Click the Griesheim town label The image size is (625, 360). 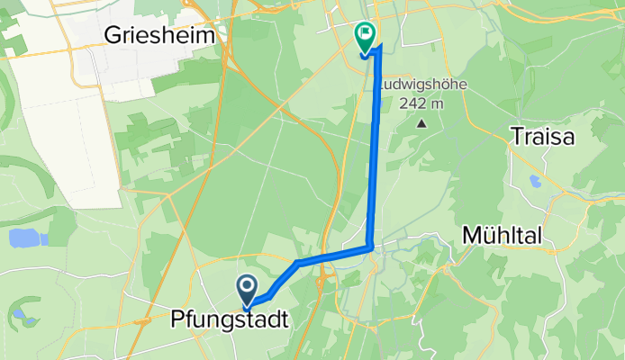click(163, 35)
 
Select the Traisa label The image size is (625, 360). click(541, 137)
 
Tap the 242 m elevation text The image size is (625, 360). click(420, 103)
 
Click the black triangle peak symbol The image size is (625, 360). click(420, 121)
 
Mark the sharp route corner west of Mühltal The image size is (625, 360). click(371, 246)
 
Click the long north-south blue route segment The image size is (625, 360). click(375, 153)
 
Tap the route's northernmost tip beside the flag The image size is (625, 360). click(379, 47)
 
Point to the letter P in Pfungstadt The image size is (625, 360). click(177, 319)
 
